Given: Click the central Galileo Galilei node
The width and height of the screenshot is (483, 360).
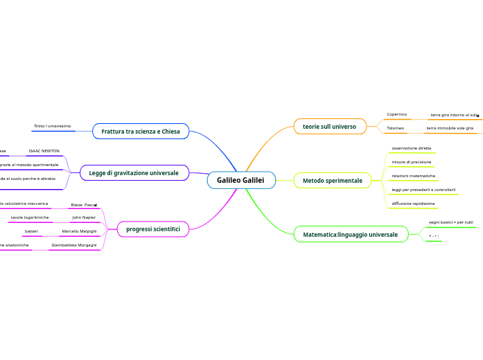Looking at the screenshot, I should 240,181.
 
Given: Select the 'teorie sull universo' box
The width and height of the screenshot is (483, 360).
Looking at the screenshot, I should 329,127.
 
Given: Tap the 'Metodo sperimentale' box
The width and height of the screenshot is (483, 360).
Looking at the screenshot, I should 333,181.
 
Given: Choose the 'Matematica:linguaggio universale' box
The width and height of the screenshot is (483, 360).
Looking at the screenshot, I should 351,235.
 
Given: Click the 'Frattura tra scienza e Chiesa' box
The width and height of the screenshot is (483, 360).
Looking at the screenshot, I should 141,132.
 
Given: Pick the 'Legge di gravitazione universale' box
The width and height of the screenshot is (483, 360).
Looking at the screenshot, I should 134,173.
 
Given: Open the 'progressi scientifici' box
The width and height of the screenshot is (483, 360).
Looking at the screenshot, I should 153,229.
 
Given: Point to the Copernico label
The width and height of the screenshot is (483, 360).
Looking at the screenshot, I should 397,114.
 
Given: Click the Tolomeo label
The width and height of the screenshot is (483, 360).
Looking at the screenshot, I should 396,128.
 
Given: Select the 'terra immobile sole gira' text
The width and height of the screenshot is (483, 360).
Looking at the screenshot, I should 450,128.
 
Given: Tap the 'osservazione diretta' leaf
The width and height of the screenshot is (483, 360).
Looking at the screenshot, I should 412,148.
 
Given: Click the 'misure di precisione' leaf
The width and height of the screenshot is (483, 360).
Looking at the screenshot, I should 412,162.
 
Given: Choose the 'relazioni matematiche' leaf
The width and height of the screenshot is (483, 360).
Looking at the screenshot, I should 414,176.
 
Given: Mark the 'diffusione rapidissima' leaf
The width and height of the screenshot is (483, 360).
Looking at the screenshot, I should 414,204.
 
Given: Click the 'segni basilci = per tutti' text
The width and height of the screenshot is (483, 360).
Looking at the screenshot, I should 451,222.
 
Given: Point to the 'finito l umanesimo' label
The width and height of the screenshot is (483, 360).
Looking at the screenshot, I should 53,126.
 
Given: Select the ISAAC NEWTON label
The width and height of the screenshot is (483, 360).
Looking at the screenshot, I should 44,150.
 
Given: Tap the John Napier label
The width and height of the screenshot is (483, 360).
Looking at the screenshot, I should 84,217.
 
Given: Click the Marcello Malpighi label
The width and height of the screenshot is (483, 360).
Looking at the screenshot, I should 79,231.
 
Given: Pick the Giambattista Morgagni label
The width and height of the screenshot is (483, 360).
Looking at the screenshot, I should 74,245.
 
